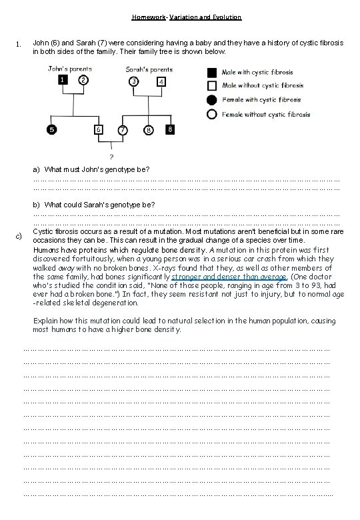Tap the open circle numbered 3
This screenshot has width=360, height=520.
[135, 81]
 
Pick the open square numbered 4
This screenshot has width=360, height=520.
[161, 82]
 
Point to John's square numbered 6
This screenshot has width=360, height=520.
[98, 129]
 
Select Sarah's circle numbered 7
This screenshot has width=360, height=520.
[123, 129]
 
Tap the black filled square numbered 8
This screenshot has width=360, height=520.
[170, 128]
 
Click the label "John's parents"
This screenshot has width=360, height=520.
[70, 68]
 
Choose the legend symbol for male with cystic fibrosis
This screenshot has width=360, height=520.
[211, 71]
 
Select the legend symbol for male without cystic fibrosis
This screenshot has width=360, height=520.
[211, 85]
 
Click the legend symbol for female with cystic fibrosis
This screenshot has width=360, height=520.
[211, 100]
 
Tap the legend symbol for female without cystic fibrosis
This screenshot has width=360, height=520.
[211, 114]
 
